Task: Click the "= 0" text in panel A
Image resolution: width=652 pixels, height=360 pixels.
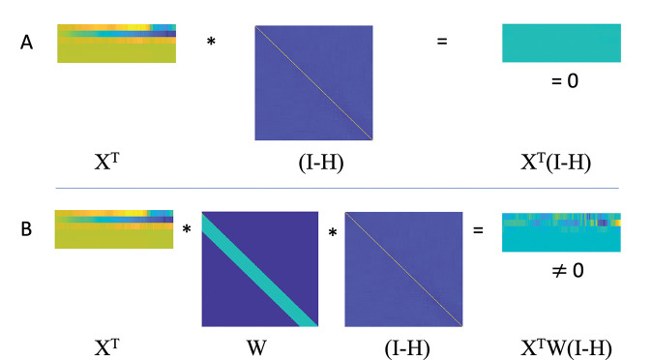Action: [x=564, y=81]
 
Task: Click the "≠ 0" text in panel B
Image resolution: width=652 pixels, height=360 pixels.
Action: [x=564, y=270]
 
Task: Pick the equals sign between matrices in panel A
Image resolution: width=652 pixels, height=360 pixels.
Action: [x=442, y=42]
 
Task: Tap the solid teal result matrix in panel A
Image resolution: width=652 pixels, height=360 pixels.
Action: [x=561, y=44]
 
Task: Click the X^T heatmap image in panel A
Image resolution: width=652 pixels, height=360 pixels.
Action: [x=116, y=44]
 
